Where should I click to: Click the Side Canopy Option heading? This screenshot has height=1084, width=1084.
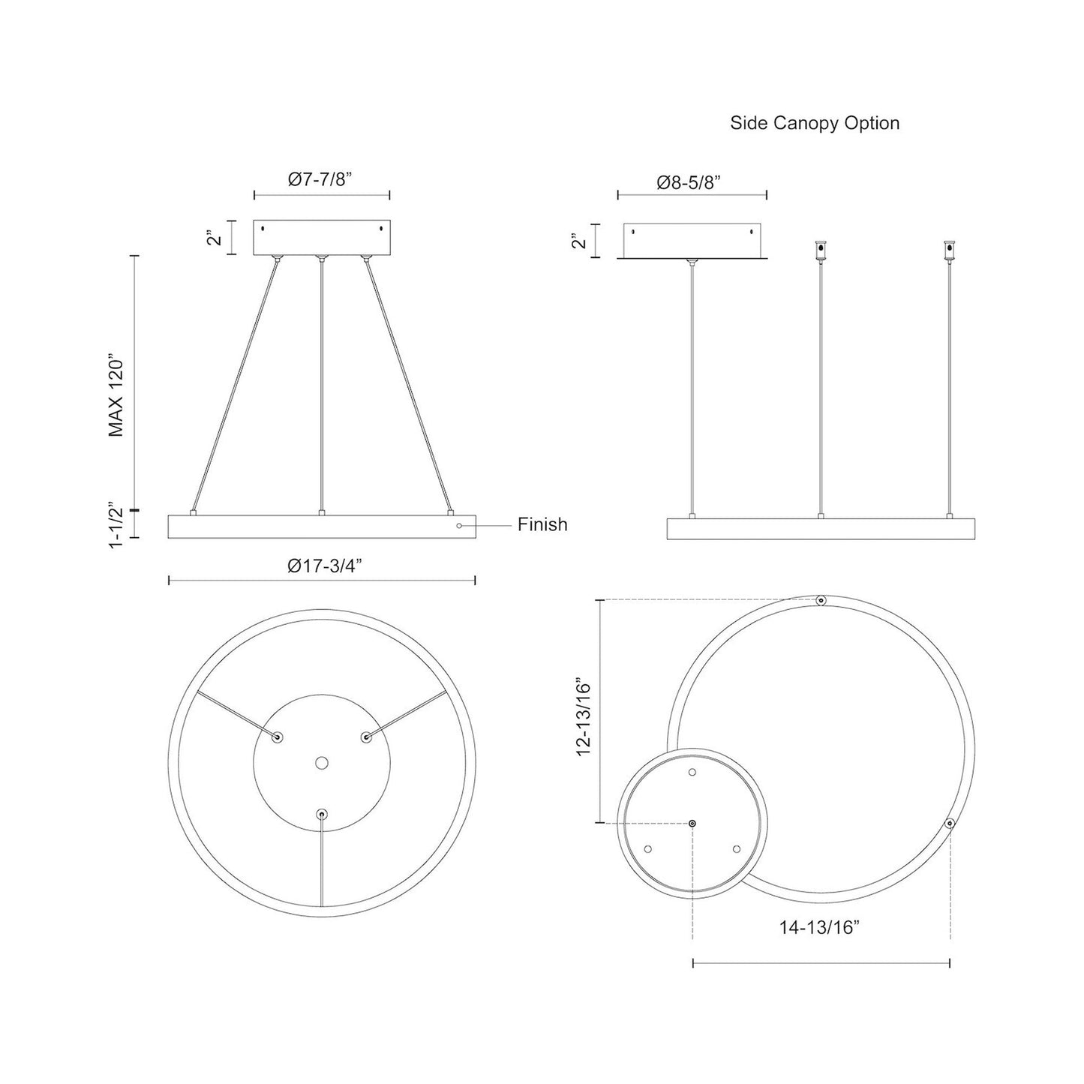pos(815,123)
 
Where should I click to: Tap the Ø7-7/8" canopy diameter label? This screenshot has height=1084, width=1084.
pos(320,179)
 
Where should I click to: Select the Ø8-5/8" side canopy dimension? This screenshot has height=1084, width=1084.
pos(691,182)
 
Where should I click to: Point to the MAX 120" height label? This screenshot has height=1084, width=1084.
pos(116,395)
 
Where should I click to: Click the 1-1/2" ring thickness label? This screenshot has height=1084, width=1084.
pos(116,525)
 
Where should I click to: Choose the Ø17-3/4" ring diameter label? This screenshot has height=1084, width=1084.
pos(325,567)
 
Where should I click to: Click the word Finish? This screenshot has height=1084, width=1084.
pos(542,525)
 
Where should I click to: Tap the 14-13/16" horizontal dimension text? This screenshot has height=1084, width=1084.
pos(818,927)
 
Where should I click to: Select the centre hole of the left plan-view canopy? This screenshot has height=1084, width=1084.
pos(322,763)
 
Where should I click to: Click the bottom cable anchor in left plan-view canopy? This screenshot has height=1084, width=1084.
pos(322,813)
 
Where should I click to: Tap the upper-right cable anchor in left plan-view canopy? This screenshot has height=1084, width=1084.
pos(366,737)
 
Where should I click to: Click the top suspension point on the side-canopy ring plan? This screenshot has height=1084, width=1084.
pos(821,601)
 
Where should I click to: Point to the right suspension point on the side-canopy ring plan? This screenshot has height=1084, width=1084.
pos(950,823)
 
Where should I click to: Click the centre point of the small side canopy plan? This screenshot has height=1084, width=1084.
pos(692,823)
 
